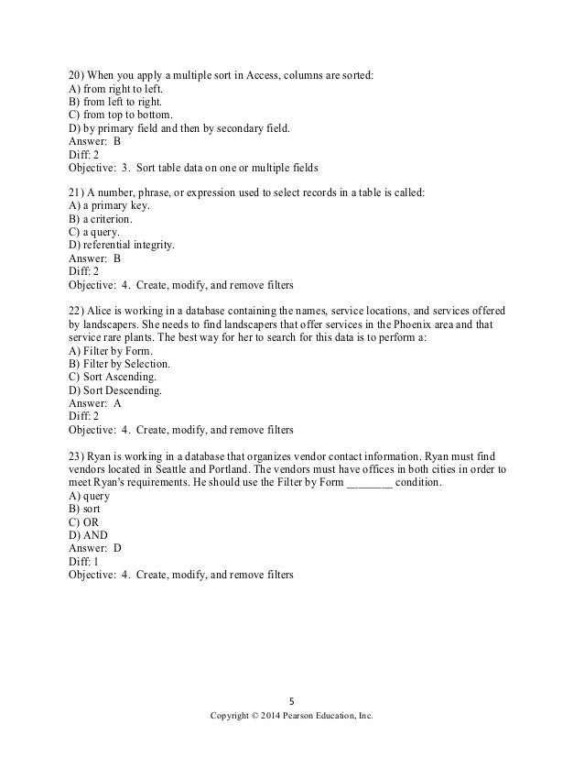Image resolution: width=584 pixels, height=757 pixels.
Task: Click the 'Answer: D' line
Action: pos(96,548)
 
